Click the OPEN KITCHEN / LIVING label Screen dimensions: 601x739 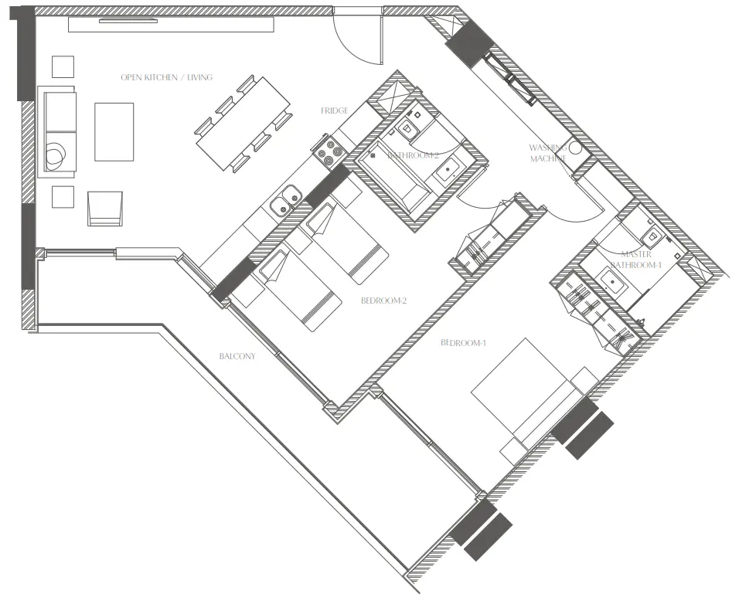[166, 77]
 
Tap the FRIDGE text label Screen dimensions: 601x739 [335, 111]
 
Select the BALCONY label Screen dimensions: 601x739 [237, 356]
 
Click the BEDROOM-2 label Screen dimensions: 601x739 [383, 300]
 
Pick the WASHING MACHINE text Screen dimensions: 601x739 [548, 153]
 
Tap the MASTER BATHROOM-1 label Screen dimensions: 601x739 [636, 259]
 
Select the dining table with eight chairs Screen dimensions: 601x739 [241, 124]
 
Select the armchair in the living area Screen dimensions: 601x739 [105, 208]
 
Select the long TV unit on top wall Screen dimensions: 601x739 [171, 25]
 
